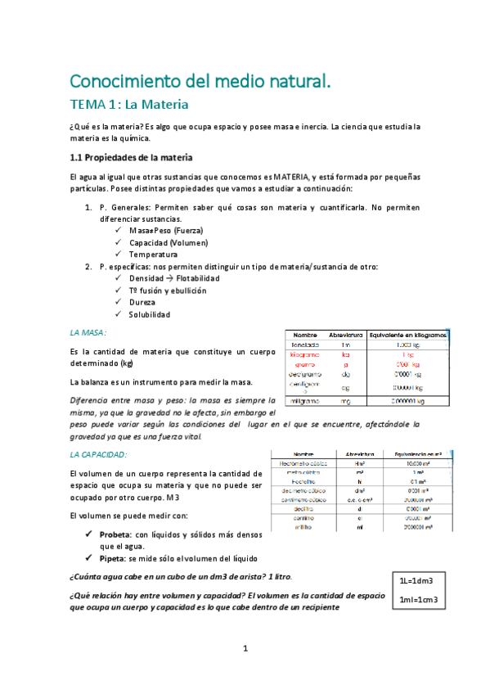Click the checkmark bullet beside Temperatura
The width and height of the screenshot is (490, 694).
[x=119, y=255]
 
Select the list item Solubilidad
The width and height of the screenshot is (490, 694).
[x=150, y=314]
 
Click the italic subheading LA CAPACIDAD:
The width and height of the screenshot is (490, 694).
[x=98, y=453]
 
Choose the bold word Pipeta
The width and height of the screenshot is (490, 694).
[x=113, y=560]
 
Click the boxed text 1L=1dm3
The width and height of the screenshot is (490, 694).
[x=416, y=580]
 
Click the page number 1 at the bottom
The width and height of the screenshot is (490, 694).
[x=245, y=649]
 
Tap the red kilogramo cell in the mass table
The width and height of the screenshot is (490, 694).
[x=305, y=355]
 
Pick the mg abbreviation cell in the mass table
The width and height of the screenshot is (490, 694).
[x=345, y=401]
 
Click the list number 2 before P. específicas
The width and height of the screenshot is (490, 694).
[x=89, y=267]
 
